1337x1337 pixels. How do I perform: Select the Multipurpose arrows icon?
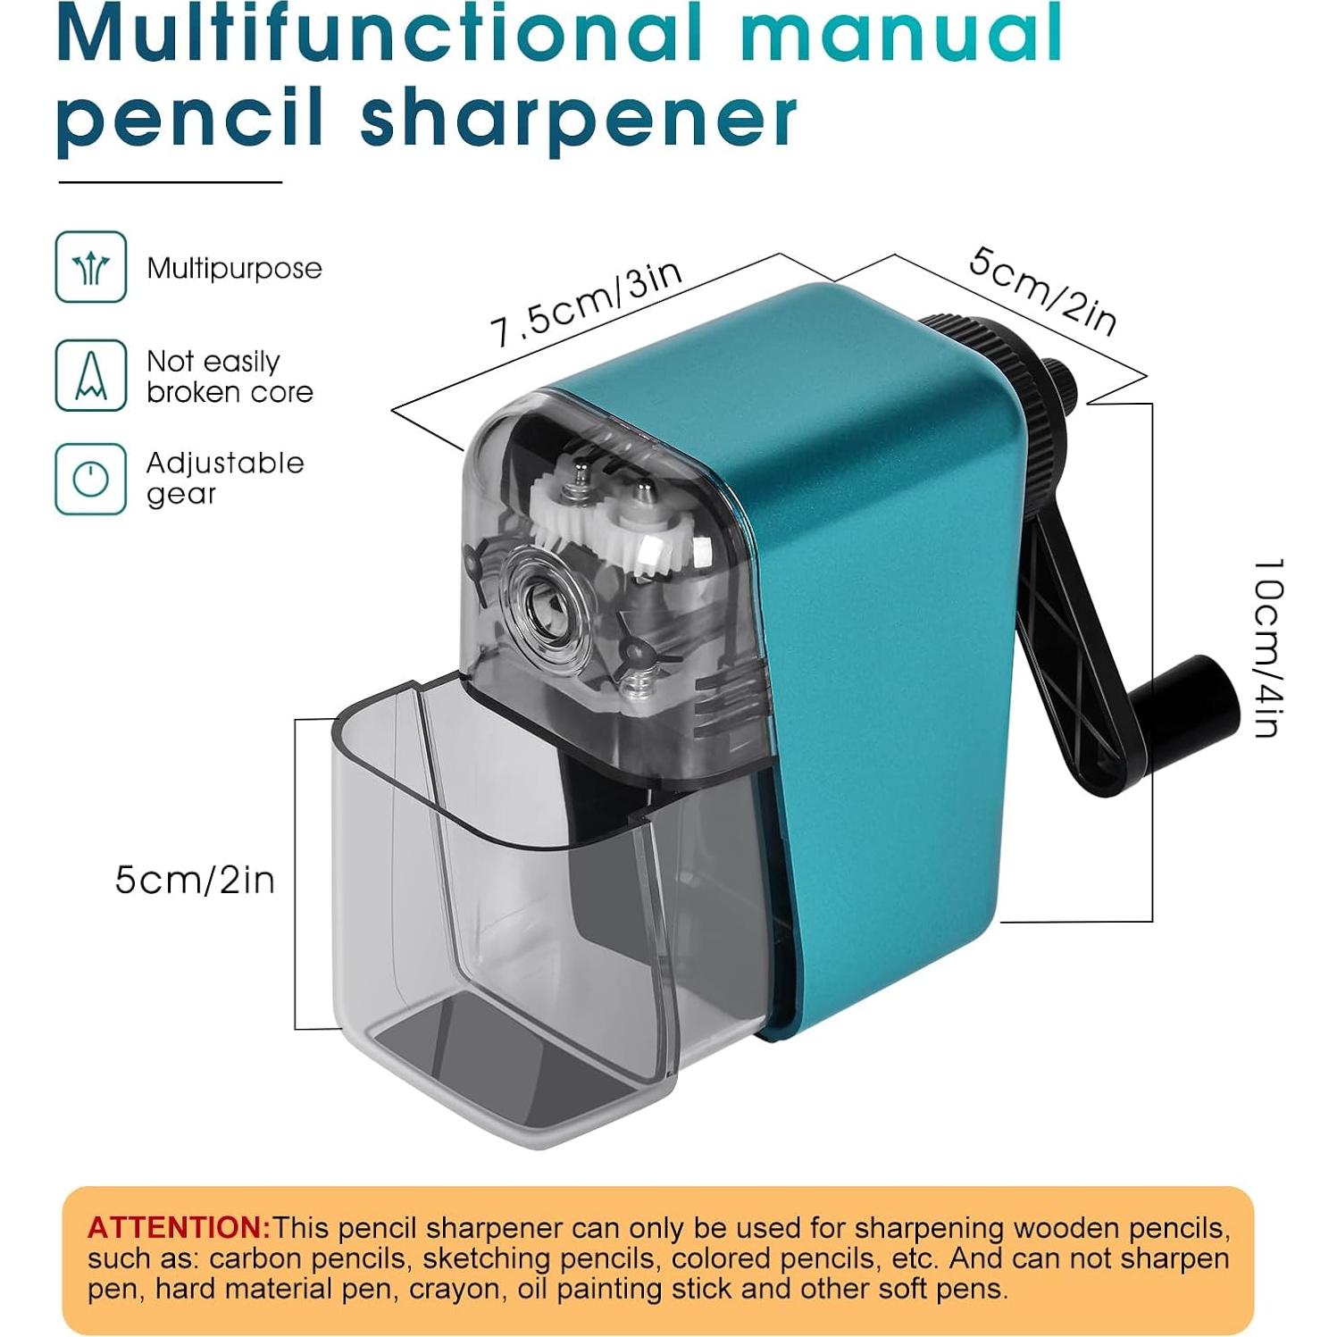point(90,267)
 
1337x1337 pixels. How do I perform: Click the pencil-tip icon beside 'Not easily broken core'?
point(90,375)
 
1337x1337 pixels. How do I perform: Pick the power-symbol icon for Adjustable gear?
point(90,480)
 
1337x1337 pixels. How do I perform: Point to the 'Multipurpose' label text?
point(234,268)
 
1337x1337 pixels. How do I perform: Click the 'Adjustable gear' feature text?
point(224,478)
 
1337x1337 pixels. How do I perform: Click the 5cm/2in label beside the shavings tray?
point(195,881)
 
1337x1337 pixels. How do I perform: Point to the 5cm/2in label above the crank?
point(1042,291)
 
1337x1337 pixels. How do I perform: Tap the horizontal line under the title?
point(170,182)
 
